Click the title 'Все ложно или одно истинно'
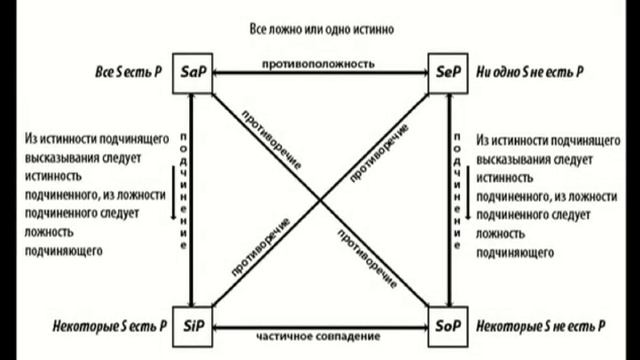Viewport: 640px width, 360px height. (320, 29)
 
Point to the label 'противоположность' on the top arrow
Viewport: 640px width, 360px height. (319, 64)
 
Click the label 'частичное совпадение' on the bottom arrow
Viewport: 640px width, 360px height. (319, 337)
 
